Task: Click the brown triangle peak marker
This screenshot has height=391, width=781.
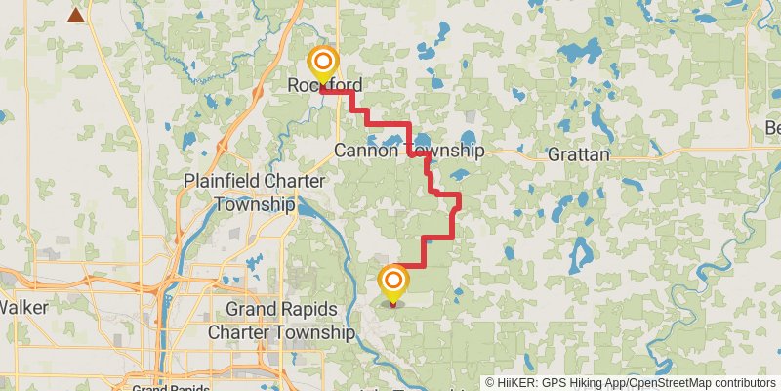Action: pyautogui.click(x=75, y=15)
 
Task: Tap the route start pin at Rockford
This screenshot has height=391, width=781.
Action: pyautogui.click(x=322, y=65)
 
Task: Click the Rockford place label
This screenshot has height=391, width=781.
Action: pyautogui.click(x=325, y=85)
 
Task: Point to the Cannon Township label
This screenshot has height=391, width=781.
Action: pyautogui.click(x=409, y=151)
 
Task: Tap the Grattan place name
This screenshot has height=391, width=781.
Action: pyautogui.click(x=578, y=154)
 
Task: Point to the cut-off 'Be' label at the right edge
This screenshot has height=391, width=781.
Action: pyautogui.click(x=771, y=128)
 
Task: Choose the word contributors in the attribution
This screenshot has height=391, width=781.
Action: pyautogui.click(x=744, y=383)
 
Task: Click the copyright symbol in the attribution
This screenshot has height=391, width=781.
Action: pyautogui.click(x=490, y=383)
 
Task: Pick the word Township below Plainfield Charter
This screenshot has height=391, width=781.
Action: pyautogui.click(x=254, y=205)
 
